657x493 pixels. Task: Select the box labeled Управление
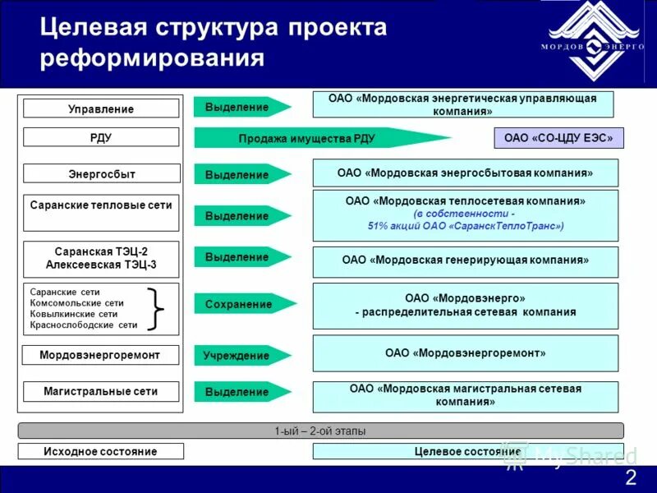coord(101,108)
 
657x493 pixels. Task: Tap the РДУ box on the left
coord(101,137)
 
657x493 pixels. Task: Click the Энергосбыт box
coord(101,173)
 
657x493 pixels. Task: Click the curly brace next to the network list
coord(155,309)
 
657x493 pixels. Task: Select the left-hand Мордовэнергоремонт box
coord(101,356)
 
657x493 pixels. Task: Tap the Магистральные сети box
coord(101,392)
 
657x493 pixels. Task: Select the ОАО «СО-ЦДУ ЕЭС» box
coord(558,138)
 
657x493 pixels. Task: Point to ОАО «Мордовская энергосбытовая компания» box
coord(465,173)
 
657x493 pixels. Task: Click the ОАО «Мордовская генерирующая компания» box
coord(465,260)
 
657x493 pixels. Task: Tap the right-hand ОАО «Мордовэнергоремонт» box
coord(465,353)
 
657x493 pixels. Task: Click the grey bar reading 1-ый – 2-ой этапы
coord(320,431)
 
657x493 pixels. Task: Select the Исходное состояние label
coord(101,451)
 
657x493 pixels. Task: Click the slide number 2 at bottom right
coord(630,479)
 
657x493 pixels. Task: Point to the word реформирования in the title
coord(153,59)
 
